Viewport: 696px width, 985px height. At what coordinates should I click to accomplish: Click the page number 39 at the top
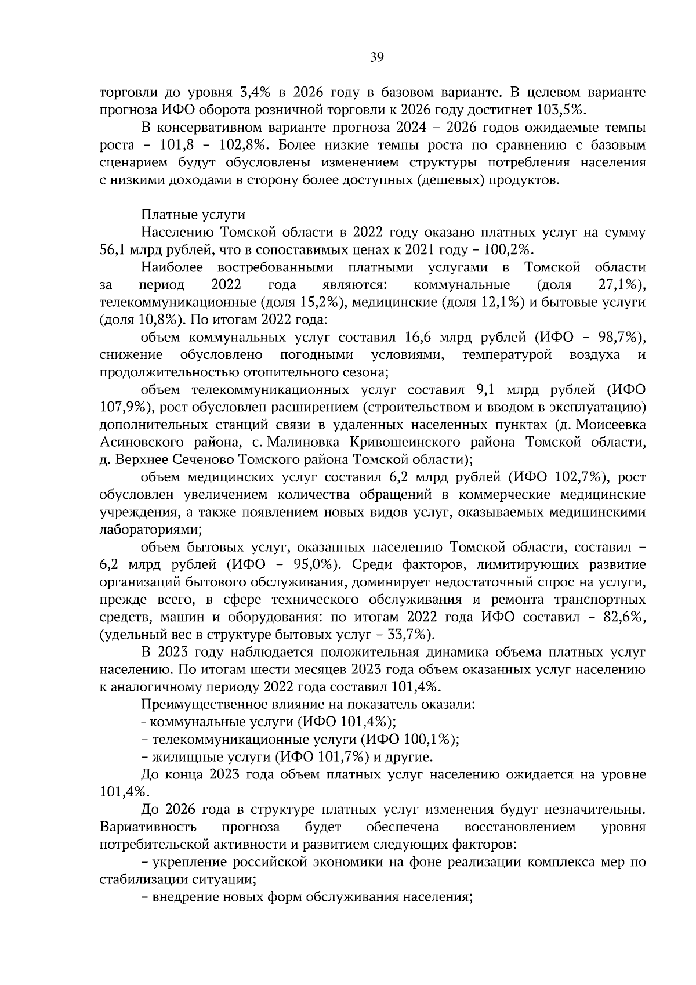[x=376, y=57]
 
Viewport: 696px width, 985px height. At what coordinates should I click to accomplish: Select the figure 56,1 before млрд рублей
[x=113, y=250]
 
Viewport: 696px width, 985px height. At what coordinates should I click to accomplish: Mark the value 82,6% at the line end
[x=622, y=617]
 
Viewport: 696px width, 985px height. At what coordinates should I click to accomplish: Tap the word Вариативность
[x=148, y=827]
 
